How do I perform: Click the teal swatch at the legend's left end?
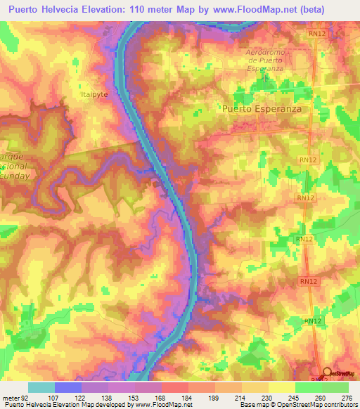point(41,387)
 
